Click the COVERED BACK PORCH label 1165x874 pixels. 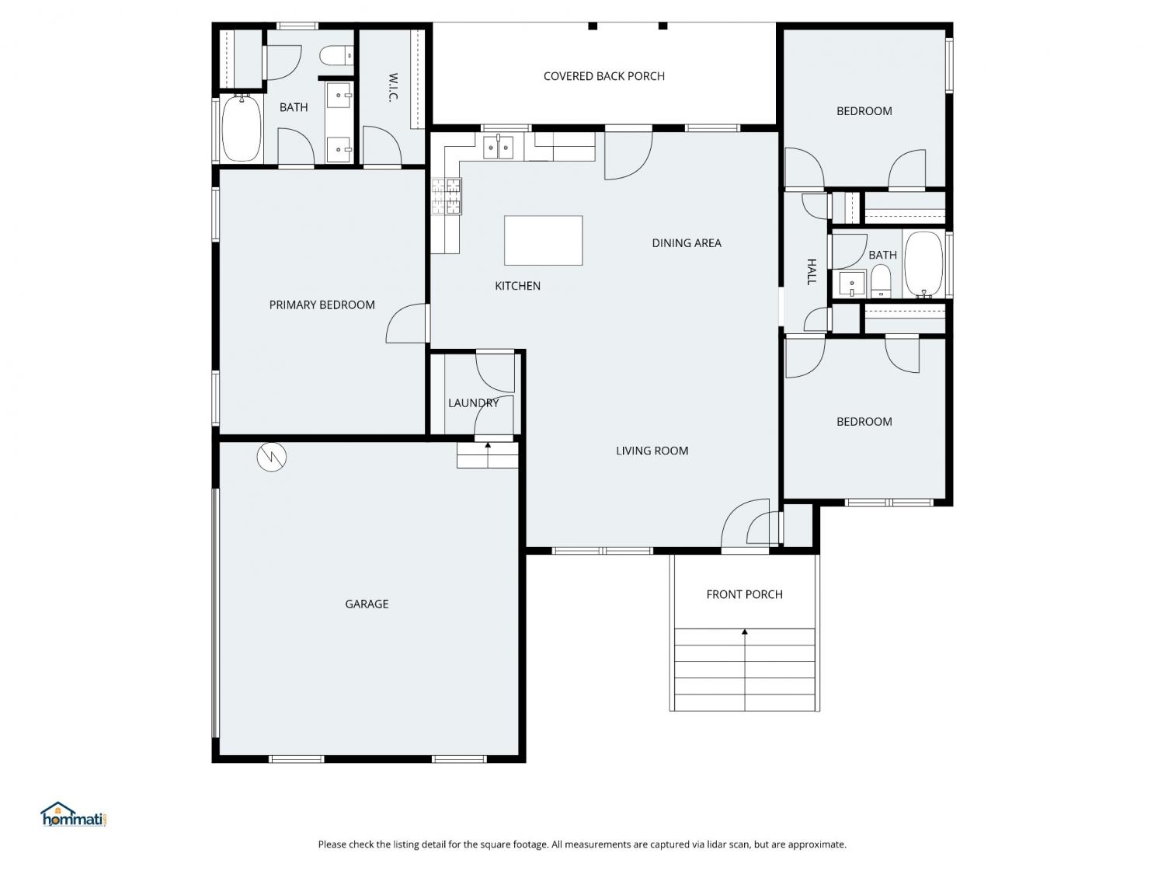[603, 76]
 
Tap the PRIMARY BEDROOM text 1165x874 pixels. [322, 305]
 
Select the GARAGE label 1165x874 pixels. [367, 604]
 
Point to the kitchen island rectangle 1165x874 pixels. [543, 240]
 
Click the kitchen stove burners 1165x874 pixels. [446, 197]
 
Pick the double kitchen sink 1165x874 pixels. [498, 147]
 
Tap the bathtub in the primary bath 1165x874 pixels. [242, 128]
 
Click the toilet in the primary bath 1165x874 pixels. [336, 55]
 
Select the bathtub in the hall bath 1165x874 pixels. [923, 263]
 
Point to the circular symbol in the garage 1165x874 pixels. [271, 457]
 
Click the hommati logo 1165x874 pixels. [73, 814]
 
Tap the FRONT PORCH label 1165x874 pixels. [744, 594]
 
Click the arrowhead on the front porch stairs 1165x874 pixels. [745, 632]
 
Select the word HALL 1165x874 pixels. [812, 272]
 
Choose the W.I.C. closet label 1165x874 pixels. [393, 87]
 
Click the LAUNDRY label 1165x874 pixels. [473, 403]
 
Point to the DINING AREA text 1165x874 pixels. [687, 243]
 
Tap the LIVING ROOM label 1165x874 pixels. [652, 451]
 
